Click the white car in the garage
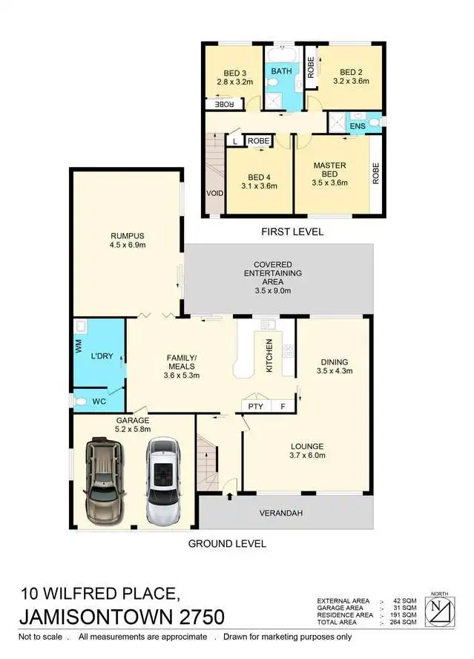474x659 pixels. pos(164,482)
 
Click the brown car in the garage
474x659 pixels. pos(103,482)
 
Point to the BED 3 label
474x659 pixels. pos(235,73)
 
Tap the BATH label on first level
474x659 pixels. pos(281,71)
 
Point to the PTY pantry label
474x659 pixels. pos(256,407)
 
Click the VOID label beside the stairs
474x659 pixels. pos(216,192)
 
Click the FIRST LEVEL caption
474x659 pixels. pos(292,232)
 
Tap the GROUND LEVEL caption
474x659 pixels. pos(227,543)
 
